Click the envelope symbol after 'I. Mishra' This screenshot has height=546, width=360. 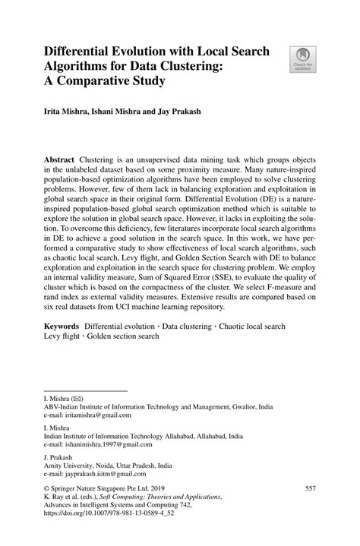coord(80,397)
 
